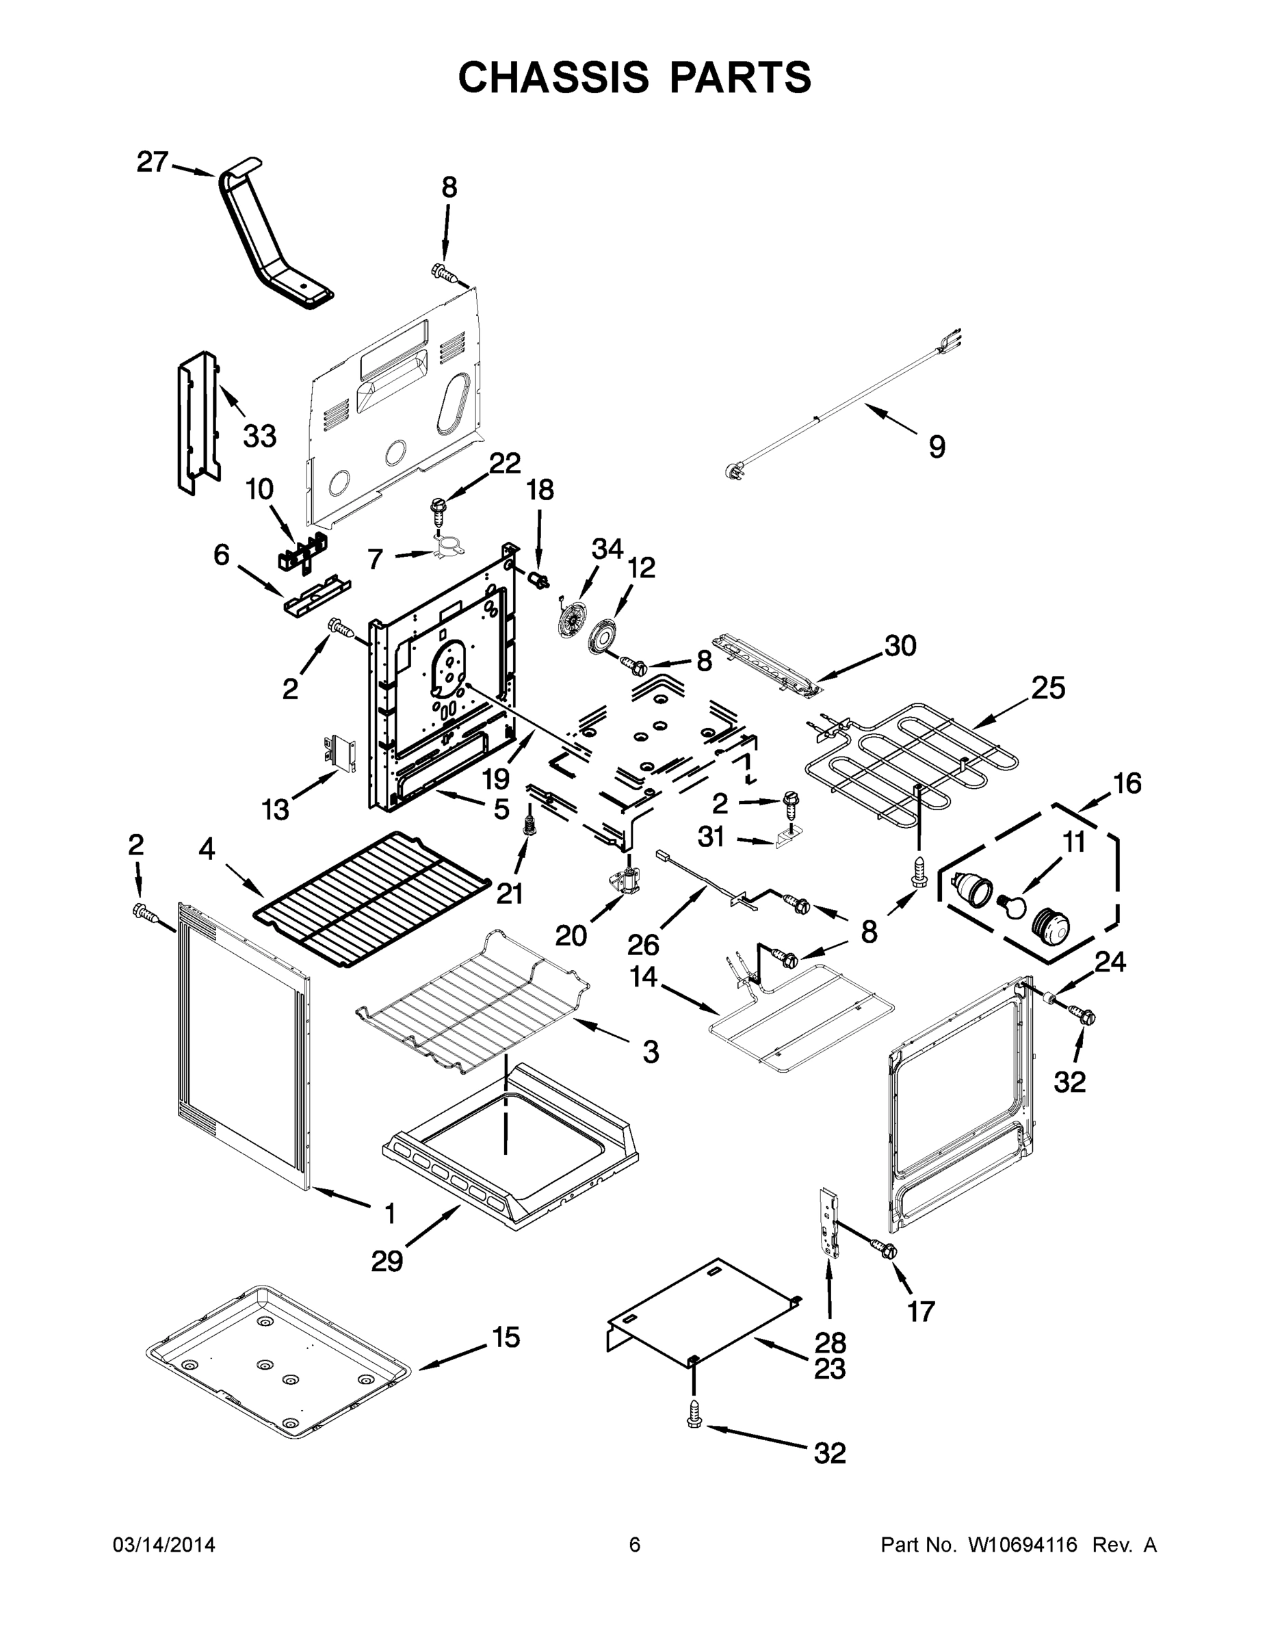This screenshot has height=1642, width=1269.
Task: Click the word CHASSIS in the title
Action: point(553,77)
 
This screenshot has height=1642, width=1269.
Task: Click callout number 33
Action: point(259,435)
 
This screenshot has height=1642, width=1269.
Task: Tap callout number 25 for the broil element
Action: point(1048,687)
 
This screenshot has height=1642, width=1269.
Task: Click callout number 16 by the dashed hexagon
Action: point(1127,783)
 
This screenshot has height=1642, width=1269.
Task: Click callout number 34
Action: point(607,549)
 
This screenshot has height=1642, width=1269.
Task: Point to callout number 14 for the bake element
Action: point(644,978)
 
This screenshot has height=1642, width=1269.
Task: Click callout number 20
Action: point(571,935)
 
